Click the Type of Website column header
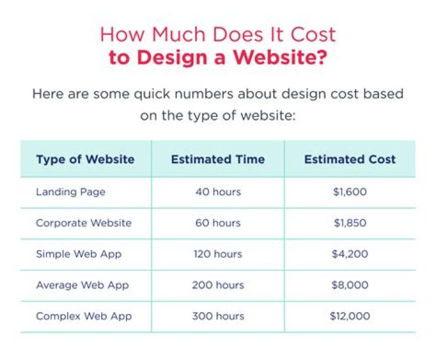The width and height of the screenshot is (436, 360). (x=85, y=159)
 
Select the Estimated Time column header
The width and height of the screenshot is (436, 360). (x=217, y=159)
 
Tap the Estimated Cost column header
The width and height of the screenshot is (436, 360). (x=349, y=159)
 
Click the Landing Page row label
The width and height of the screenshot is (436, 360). (x=70, y=192)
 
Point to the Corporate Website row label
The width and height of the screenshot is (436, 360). (x=84, y=223)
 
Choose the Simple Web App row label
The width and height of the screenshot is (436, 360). (x=79, y=254)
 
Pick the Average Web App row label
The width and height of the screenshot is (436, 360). (x=82, y=285)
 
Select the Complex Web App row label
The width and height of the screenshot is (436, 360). (x=84, y=316)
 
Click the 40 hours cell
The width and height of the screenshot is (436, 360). (x=218, y=192)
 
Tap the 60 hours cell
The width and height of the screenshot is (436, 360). (x=218, y=223)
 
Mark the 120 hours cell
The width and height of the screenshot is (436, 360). (x=218, y=254)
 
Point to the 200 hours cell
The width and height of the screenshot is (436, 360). (x=218, y=285)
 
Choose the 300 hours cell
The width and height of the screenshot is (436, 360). (x=218, y=316)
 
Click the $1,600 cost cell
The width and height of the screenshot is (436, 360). (x=350, y=192)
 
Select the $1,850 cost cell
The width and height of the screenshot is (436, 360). (x=350, y=223)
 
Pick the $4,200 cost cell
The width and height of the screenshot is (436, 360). (x=350, y=254)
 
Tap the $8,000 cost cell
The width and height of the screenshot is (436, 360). (x=350, y=285)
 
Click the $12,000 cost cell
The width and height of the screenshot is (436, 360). (x=350, y=316)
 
